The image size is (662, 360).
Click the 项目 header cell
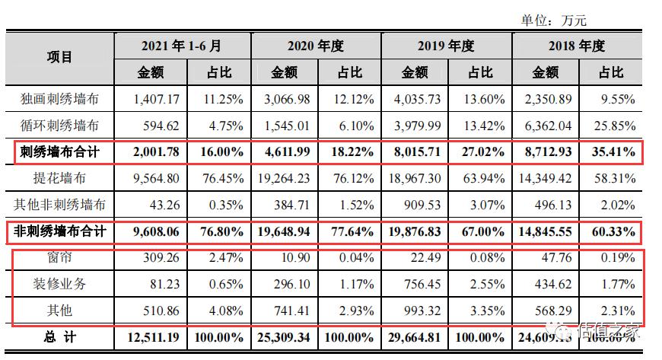tap(59, 59)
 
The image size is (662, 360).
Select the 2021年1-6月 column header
tap(182, 45)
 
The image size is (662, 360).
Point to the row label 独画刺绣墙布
tap(59, 99)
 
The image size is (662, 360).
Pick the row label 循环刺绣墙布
tap(59, 125)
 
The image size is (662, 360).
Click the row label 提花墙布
tap(59, 179)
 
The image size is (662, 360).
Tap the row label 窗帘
tap(59, 257)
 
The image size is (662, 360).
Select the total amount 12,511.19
tap(151, 336)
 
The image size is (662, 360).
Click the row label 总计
tap(59, 336)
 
